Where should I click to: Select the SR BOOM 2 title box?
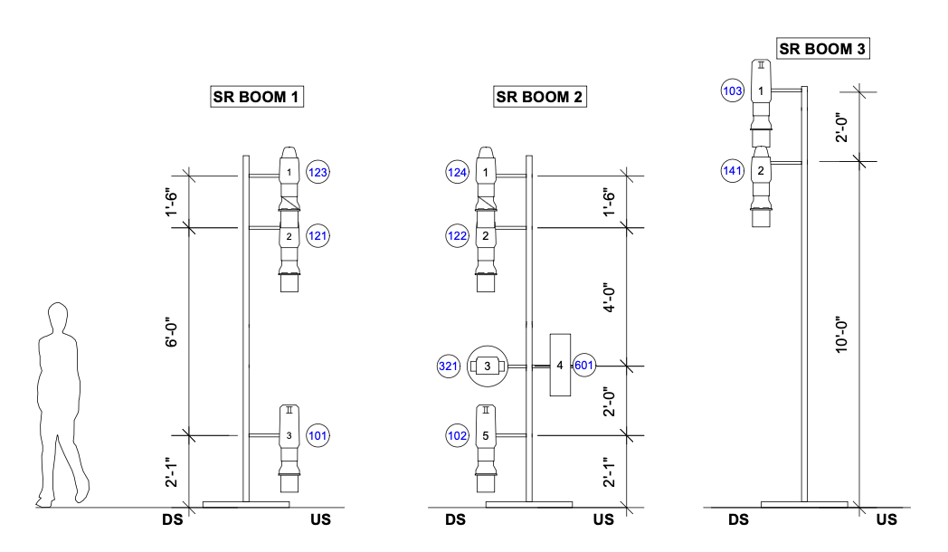tap(540, 97)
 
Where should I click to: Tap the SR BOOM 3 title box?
tap(823, 49)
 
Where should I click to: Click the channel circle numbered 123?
tap(318, 172)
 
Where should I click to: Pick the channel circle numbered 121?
tap(318, 236)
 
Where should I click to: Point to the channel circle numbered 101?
tap(318, 435)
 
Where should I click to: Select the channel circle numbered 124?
tap(458, 172)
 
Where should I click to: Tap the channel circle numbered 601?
tap(583, 366)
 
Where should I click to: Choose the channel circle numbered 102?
tap(458, 435)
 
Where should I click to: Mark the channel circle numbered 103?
tap(733, 90)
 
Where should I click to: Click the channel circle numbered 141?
tap(733, 169)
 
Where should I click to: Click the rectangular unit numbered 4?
tap(561, 365)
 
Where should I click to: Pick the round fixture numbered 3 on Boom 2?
tap(488, 366)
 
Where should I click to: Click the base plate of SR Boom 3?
tap(804, 504)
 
